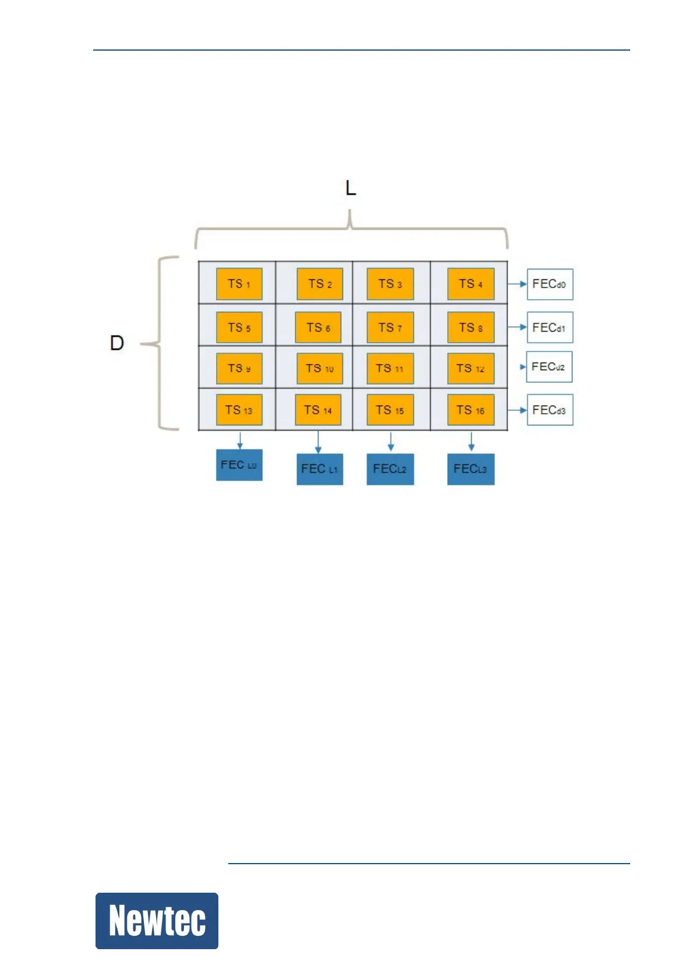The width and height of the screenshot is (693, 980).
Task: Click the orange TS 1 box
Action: (239, 284)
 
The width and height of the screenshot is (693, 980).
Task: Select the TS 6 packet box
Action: (318, 328)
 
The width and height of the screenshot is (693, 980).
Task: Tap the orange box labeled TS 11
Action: (390, 368)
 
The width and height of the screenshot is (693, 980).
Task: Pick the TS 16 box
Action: (471, 410)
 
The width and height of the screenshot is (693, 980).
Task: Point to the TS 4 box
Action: (471, 284)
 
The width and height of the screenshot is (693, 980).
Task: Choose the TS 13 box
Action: (239, 410)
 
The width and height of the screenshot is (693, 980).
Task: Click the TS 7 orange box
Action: (390, 328)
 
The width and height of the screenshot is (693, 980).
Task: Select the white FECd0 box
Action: (550, 284)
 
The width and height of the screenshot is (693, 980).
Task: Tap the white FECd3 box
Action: (550, 410)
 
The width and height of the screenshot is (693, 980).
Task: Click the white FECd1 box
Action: (550, 328)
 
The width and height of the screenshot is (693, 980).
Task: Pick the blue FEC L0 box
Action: (239, 465)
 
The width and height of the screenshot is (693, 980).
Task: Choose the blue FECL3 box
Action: (471, 469)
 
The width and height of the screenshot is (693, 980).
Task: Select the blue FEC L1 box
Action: (319, 469)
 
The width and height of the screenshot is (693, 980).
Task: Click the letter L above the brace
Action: (351, 188)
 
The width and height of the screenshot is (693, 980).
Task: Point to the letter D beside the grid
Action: (117, 343)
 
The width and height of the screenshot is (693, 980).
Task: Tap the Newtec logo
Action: (157, 921)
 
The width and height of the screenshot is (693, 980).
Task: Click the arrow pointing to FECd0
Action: (517, 284)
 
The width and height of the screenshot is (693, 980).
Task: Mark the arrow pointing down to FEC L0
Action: (239, 440)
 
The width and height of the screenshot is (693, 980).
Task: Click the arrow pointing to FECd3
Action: (517, 410)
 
